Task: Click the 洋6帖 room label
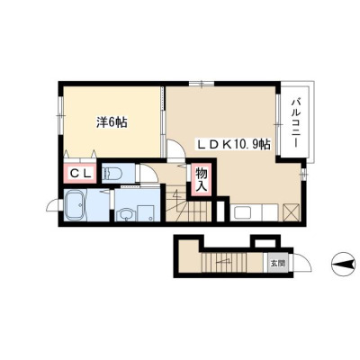112,122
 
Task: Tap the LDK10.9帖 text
234,145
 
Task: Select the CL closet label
80,173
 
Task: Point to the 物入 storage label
202,180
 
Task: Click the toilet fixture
112,174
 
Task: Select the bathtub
76,205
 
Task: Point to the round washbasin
124,214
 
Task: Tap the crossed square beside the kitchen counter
292,211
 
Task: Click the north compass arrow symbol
343,265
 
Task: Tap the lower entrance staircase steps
223,262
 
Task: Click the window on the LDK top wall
202,84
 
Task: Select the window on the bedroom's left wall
60,115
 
